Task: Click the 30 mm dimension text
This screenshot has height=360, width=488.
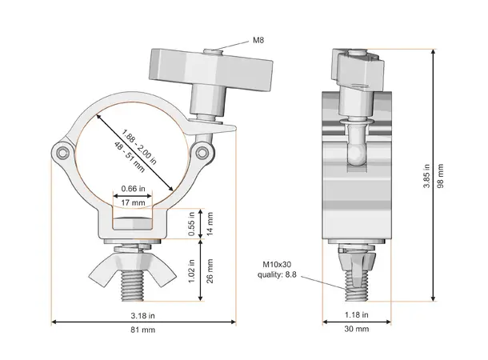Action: point(357,329)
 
